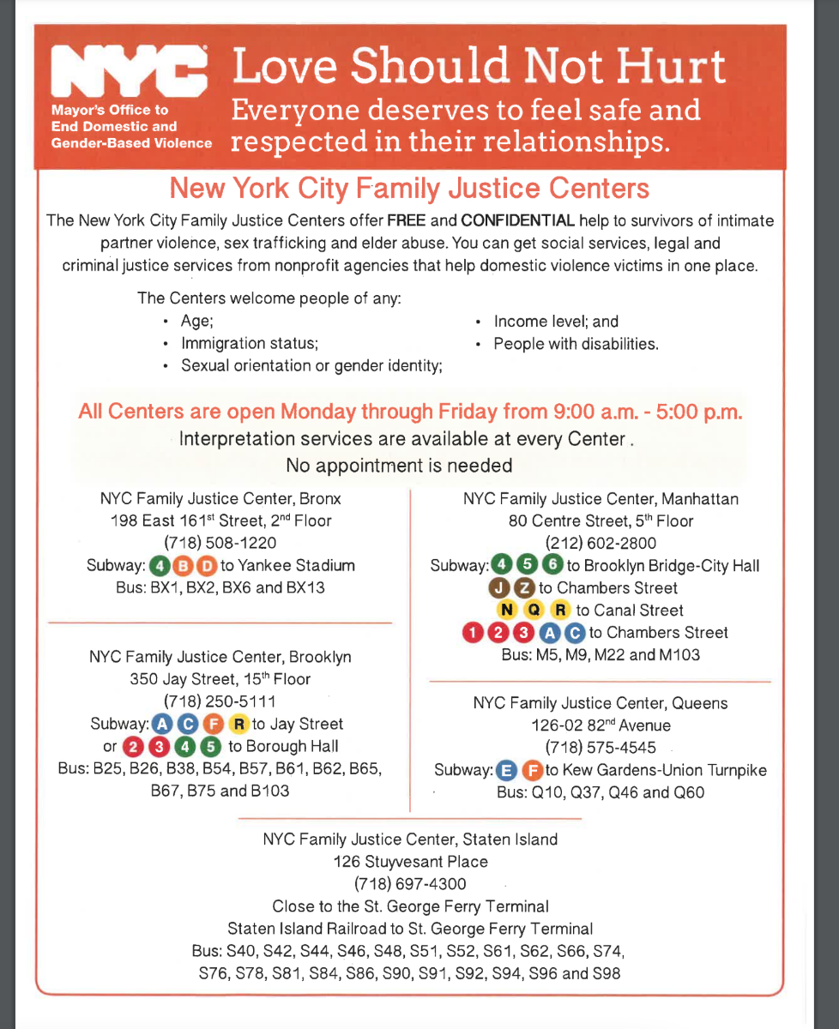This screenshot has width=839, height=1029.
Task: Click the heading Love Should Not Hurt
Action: (x=480, y=68)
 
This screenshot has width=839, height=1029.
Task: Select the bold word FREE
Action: (x=407, y=221)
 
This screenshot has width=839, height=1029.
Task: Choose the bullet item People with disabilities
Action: (x=576, y=344)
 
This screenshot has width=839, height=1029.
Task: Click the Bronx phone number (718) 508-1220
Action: (x=220, y=543)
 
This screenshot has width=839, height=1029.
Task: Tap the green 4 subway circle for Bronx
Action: (x=159, y=566)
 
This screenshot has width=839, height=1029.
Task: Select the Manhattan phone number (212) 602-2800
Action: (x=601, y=543)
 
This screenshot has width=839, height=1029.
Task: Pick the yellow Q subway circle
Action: (x=534, y=611)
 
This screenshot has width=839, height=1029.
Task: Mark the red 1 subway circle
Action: (x=473, y=633)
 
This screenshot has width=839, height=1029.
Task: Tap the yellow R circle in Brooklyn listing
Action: (x=238, y=724)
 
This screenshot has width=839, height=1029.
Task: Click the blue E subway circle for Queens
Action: (x=507, y=770)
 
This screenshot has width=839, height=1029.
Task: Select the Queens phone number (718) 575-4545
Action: (x=601, y=747)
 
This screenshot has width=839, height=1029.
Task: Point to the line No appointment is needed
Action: (x=399, y=466)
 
